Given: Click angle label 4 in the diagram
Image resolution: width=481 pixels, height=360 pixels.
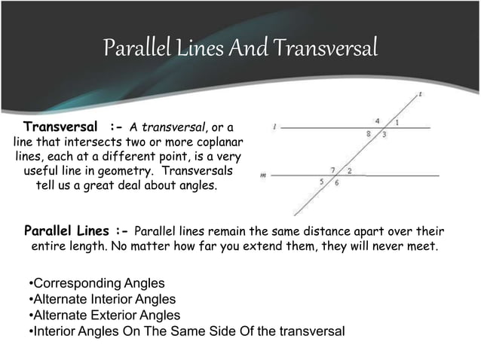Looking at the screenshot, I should (378, 120).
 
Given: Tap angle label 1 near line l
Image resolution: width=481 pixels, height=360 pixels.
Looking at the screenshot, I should (397, 122).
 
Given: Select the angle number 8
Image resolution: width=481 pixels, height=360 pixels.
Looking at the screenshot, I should (368, 134).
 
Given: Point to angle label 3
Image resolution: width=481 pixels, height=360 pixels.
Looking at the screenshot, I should (384, 135).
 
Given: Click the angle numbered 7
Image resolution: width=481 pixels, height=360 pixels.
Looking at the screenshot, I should (332, 170).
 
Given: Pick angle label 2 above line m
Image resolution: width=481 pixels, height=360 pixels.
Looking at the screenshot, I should (349, 171).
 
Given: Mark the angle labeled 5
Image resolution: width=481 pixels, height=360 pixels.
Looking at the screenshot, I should (322, 182).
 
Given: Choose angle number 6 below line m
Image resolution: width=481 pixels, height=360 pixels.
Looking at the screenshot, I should (337, 183).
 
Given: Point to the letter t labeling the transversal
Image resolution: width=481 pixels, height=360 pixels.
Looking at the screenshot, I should (419, 95).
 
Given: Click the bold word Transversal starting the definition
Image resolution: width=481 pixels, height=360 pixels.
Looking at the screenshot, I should (60, 125).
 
